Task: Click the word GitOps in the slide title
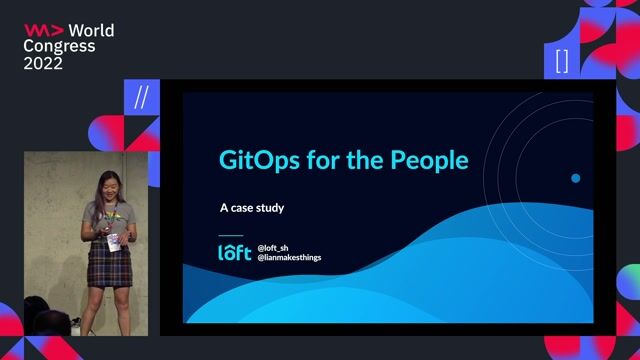(259, 160)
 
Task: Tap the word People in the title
(429, 160)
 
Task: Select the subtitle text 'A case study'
(252, 208)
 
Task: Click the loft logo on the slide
(235, 252)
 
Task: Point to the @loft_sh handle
(273, 248)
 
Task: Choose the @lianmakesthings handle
(289, 258)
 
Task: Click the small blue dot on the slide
(576, 178)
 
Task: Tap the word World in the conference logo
(91, 31)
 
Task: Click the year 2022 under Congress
(43, 63)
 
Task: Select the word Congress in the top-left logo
(59, 47)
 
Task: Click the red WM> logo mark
(44, 30)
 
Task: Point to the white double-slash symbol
(142, 98)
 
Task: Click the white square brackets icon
(562, 61)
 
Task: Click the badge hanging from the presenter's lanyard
(113, 242)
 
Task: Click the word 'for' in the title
(323, 160)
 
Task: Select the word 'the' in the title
(364, 160)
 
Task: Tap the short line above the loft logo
(231, 236)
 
